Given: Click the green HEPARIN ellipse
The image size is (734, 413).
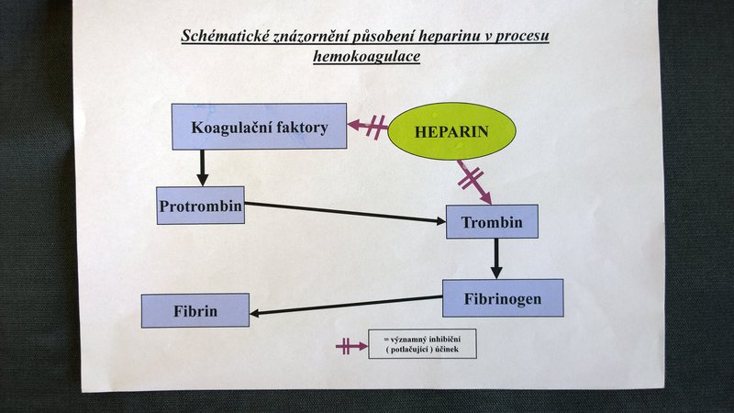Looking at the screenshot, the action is [451, 131].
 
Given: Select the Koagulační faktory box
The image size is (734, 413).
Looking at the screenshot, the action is [260, 127].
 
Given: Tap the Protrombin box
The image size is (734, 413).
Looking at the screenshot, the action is [200, 206].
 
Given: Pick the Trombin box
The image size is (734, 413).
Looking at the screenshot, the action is [492, 221].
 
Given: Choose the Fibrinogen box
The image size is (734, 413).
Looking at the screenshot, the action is [503, 298].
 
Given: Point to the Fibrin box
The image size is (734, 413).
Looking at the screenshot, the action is [195, 310].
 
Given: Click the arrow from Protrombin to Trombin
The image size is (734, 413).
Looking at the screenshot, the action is [346, 212].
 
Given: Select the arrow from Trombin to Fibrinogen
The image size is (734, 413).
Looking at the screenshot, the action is [496, 259].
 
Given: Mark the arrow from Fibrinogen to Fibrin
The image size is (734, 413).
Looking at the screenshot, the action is [346, 306].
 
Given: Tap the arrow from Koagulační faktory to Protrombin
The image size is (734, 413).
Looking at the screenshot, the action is [202, 168].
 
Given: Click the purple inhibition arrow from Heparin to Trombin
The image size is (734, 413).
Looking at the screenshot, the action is [474, 182].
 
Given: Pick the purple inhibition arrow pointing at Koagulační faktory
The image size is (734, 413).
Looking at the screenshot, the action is [368, 127].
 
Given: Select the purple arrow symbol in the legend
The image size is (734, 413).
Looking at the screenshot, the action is [351, 347].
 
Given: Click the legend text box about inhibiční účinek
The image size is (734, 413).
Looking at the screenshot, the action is [422, 344].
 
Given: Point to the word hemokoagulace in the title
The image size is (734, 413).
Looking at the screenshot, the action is [366, 56].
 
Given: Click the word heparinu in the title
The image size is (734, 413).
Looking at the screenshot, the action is [450, 36].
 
